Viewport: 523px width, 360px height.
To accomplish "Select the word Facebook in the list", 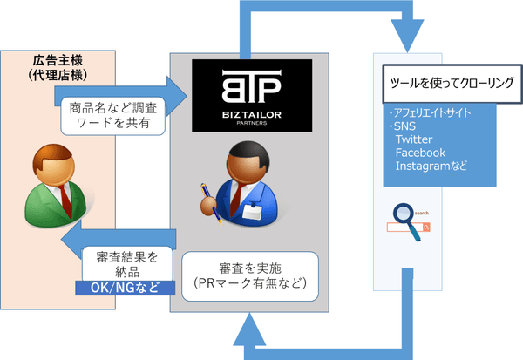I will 420,153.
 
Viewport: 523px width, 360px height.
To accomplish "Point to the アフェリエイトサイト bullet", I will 430,114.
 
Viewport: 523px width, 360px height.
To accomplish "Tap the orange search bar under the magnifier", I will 408,228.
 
